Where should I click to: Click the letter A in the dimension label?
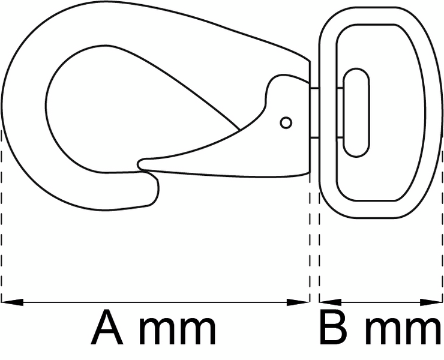pos(107,328)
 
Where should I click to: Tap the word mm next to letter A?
pos(178,331)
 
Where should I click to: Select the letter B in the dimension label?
pos(333,328)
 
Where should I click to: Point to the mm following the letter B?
pos(403,331)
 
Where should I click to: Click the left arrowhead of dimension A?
pos(12,302)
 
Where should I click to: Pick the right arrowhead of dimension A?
pos(298,302)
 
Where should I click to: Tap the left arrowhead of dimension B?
pos(330,302)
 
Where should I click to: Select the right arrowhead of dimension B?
pos(431,302)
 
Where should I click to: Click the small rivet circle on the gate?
pos(286,122)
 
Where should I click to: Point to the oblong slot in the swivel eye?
pos(356,112)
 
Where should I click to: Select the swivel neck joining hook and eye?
pos(314,113)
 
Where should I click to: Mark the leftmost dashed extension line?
pos(2,215)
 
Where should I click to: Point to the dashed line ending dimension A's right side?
pos(310,237)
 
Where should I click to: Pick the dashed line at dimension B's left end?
pos(319,246)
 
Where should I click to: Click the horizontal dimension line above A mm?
pos(155,302)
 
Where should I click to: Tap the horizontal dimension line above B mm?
pos(380,302)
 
